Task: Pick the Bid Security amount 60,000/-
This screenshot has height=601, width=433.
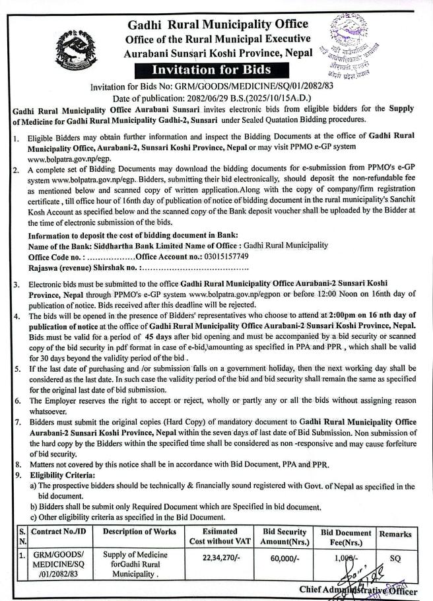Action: [284, 559]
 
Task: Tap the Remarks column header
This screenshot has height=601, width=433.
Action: [395, 534]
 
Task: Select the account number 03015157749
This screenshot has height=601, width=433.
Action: [225, 256]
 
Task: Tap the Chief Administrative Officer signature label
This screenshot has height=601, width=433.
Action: [358, 589]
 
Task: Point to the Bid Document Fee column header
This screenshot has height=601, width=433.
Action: [346, 537]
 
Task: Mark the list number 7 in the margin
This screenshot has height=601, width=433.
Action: [16, 422]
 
